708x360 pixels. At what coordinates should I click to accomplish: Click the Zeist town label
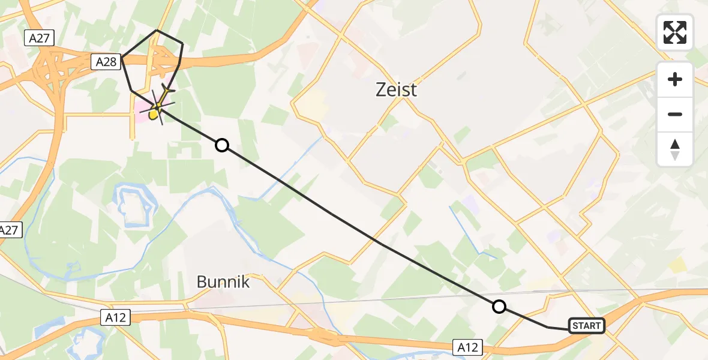[x=395, y=90]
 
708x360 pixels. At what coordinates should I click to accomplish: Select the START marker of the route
[x=586, y=326]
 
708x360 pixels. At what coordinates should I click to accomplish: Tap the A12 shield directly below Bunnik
[x=115, y=318]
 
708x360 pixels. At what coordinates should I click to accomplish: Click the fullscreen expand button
[x=675, y=32]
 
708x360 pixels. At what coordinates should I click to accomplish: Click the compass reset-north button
[x=675, y=149]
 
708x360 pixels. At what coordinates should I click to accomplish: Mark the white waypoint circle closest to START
[x=499, y=307]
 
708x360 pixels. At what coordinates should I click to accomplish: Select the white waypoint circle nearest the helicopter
[x=222, y=145]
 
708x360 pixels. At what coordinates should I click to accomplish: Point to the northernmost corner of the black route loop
[x=157, y=30]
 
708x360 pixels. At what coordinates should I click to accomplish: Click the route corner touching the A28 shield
[x=122, y=58]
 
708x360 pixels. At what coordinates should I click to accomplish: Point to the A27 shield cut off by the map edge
[x=8, y=230]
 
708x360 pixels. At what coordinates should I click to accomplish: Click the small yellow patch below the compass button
[x=677, y=265]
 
